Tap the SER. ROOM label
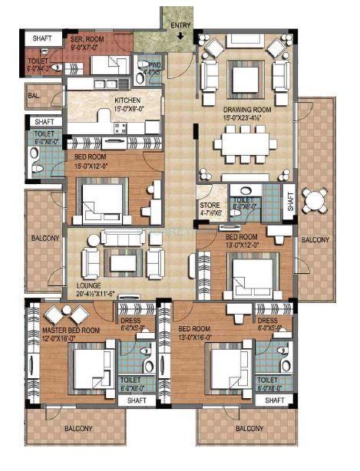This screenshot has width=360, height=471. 87,38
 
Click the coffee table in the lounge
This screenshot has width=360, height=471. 123,262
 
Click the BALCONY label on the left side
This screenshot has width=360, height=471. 45,238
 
